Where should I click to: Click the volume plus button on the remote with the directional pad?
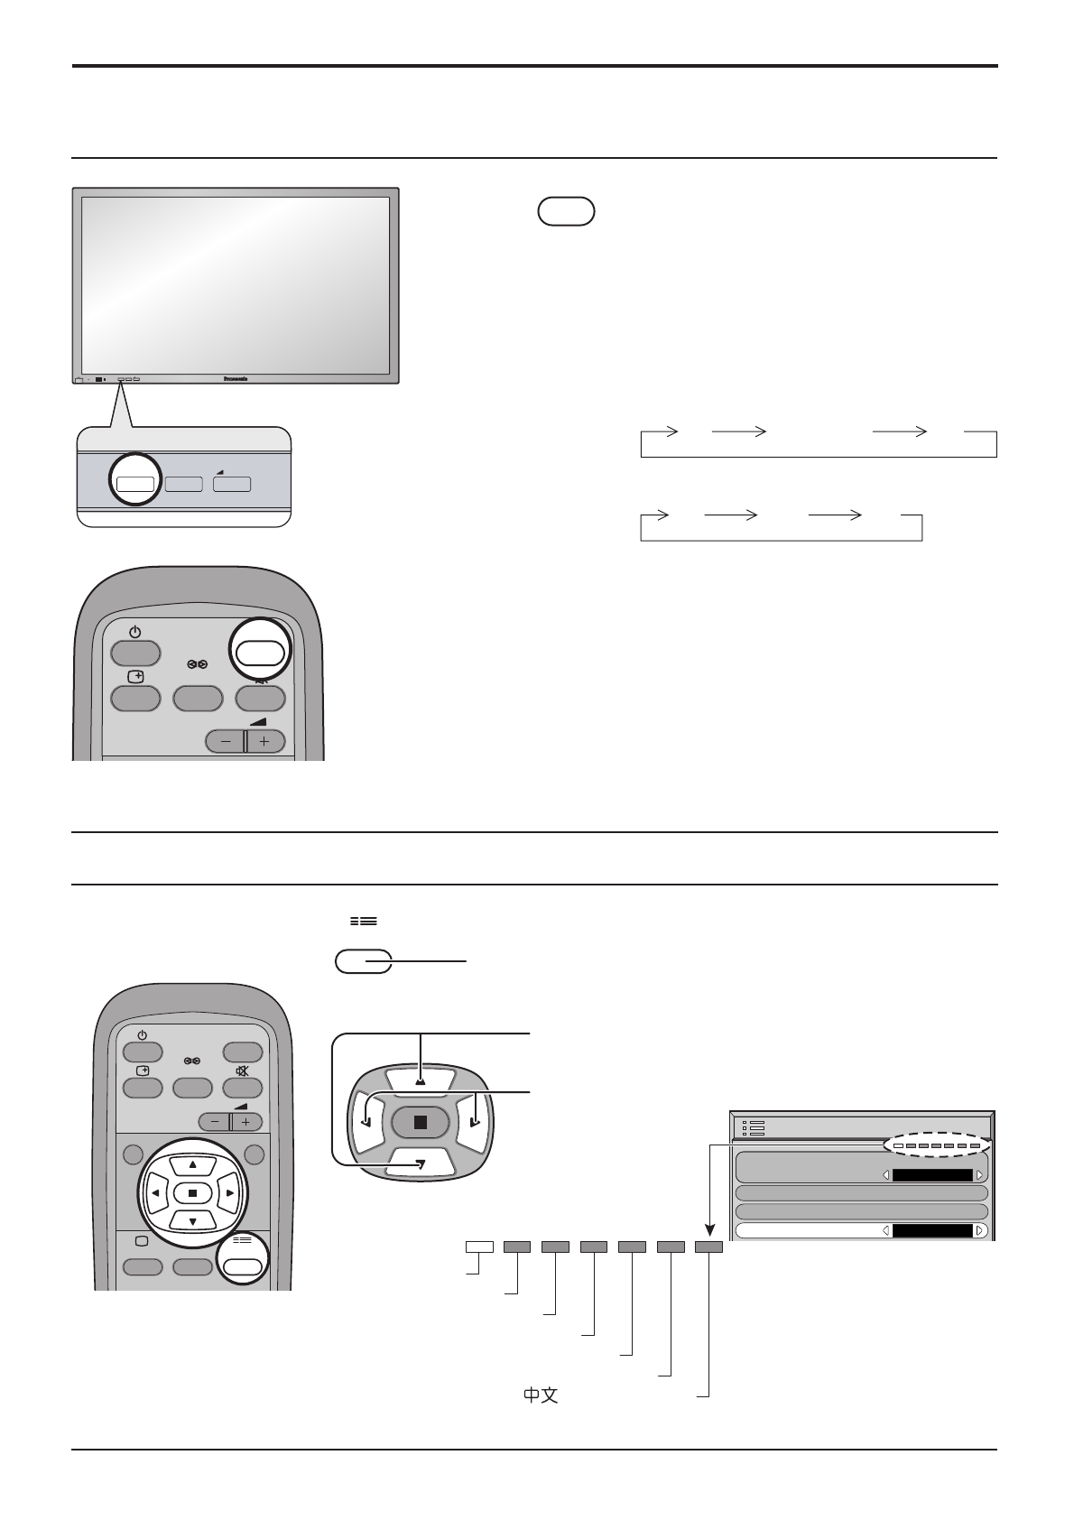pyautogui.click(x=246, y=1122)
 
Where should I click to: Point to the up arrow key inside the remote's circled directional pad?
pyautogui.click(x=192, y=1164)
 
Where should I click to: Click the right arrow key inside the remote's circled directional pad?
pyautogui.click(x=230, y=1193)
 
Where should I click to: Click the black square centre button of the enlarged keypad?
pyautogui.click(x=420, y=1122)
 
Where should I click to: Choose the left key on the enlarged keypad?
pyautogui.click(x=367, y=1122)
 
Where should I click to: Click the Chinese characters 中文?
pyautogui.click(x=541, y=1395)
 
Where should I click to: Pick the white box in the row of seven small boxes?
pyautogui.click(x=479, y=1247)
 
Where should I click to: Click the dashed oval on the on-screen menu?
pyautogui.click(x=936, y=1145)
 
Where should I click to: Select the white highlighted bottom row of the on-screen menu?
pyautogui.click(x=862, y=1230)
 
